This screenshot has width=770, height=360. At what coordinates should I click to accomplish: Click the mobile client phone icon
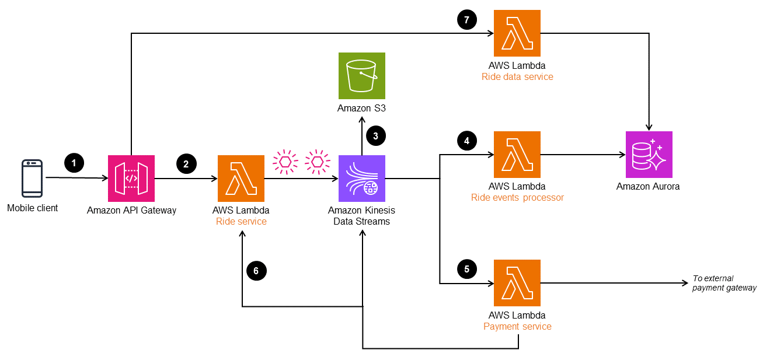[x=32, y=178]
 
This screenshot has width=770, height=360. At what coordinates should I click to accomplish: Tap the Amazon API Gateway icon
[x=131, y=178]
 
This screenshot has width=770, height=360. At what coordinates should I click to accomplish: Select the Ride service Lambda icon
[x=241, y=178]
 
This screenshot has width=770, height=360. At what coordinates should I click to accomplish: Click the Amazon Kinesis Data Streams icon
[x=362, y=178]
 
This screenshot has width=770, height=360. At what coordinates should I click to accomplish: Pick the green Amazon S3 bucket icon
[x=362, y=76]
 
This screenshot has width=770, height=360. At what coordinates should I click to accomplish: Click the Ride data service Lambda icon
[x=517, y=33]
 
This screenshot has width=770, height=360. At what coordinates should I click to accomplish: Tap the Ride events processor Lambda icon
[x=517, y=155]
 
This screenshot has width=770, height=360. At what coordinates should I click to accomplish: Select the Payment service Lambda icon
[x=517, y=283]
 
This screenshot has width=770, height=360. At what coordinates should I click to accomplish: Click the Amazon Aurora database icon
[x=649, y=155]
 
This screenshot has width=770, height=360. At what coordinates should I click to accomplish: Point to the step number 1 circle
[x=74, y=163]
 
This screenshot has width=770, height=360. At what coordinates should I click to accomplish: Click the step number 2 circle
[x=186, y=164]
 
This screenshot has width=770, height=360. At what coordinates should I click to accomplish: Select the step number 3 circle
[x=375, y=136]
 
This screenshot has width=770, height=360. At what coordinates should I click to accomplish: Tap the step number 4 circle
[x=466, y=141]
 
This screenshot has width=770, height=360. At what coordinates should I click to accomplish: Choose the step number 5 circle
[x=466, y=269]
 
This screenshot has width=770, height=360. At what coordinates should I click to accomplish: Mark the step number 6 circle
[x=256, y=270]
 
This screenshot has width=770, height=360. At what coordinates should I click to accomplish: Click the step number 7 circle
[x=466, y=19]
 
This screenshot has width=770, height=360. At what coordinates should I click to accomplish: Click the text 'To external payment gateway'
[x=724, y=283]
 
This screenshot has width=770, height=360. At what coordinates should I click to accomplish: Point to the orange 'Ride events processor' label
[x=517, y=198]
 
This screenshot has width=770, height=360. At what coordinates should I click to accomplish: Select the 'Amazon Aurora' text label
[x=648, y=187]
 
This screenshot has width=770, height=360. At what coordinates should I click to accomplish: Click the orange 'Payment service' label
[x=517, y=326]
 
